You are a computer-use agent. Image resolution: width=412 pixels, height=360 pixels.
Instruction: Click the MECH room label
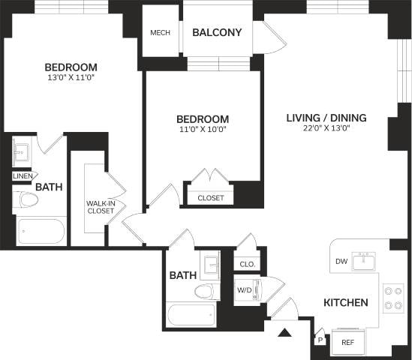(160, 32)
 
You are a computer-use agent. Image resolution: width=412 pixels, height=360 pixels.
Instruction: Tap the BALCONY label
(217, 32)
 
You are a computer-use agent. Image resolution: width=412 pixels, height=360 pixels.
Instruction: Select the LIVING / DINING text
(326, 117)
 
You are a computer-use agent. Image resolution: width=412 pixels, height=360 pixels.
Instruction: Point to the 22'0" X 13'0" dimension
(326, 128)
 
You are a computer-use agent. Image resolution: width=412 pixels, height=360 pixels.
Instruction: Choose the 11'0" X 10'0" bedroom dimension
(201, 130)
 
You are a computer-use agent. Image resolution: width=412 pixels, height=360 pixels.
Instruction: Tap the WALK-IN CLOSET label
(99, 206)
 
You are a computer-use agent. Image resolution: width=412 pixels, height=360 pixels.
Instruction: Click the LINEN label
(21, 176)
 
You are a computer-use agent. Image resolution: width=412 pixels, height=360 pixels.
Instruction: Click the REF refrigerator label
(347, 342)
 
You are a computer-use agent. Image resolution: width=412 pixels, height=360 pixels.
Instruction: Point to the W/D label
(245, 289)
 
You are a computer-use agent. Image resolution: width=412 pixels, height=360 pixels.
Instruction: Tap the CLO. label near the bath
(247, 264)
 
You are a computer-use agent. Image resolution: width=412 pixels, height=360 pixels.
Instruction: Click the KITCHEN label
(345, 303)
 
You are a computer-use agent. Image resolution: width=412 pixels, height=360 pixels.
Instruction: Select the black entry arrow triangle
(284, 332)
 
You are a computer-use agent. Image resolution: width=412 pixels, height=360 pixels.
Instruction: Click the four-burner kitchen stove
(393, 298)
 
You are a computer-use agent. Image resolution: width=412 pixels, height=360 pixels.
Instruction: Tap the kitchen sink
(365, 262)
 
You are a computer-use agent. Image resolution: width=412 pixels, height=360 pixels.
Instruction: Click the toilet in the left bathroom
(29, 200)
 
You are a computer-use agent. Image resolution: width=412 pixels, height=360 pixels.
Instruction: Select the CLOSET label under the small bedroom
(210, 197)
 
